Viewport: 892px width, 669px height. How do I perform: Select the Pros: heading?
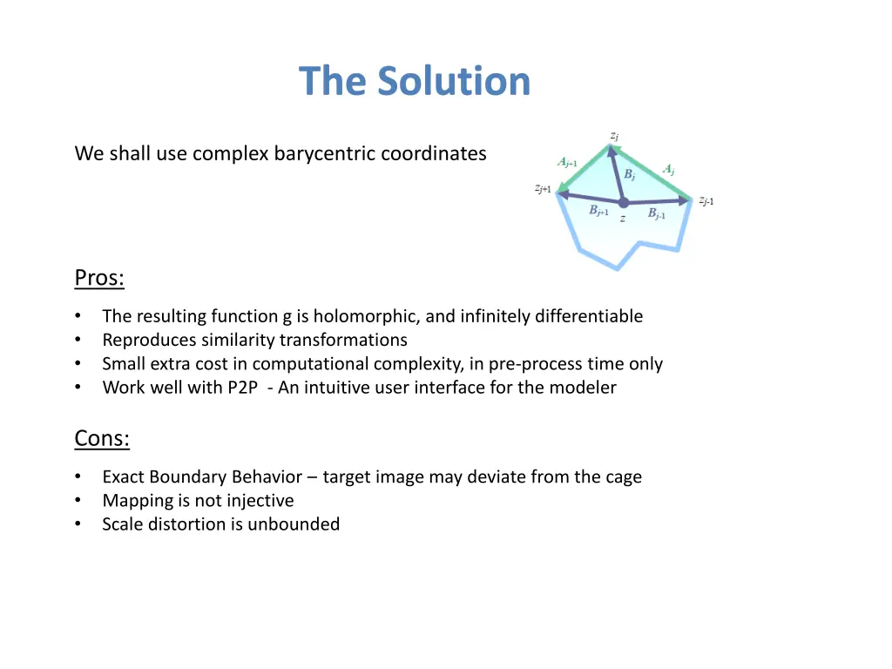tap(99, 278)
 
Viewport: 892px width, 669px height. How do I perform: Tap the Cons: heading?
tap(102, 438)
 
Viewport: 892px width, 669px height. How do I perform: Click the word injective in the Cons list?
tap(260, 501)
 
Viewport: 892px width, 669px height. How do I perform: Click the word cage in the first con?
tap(623, 477)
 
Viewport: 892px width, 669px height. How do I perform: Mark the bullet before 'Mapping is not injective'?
tap(78, 501)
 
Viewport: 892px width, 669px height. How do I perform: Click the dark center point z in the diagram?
tap(623, 203)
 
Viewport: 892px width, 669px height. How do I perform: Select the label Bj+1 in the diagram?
tap(598, 211)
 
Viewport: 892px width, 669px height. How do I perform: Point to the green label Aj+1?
tap(567, 162)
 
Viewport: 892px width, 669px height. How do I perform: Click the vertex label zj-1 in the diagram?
tap(706, 200)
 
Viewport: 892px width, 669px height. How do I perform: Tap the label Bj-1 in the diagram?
tap(656, 213)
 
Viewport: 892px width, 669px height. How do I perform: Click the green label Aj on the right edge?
tap(669, 169)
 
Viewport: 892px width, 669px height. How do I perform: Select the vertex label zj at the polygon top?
tap(614, 136)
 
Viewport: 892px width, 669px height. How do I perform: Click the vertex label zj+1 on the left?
tap(543, 188)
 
